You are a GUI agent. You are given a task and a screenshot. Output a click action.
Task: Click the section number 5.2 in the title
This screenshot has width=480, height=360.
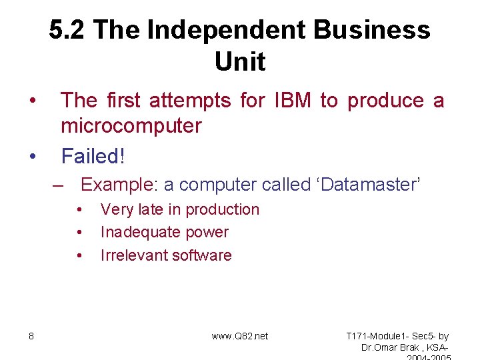67,31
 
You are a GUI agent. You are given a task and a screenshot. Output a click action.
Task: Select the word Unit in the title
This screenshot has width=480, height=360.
240,62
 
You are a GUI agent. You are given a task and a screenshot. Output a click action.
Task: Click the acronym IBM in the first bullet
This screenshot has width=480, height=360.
291,101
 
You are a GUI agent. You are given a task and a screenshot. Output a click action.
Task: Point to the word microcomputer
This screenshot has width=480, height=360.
131,126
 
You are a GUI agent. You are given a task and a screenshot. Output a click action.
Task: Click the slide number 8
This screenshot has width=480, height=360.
31,336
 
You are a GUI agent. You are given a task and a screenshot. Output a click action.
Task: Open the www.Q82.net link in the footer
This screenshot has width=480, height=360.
240,336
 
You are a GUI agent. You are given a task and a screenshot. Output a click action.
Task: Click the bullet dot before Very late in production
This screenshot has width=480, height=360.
79,209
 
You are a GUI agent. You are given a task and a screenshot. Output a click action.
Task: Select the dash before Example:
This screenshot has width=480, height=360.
59,185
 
